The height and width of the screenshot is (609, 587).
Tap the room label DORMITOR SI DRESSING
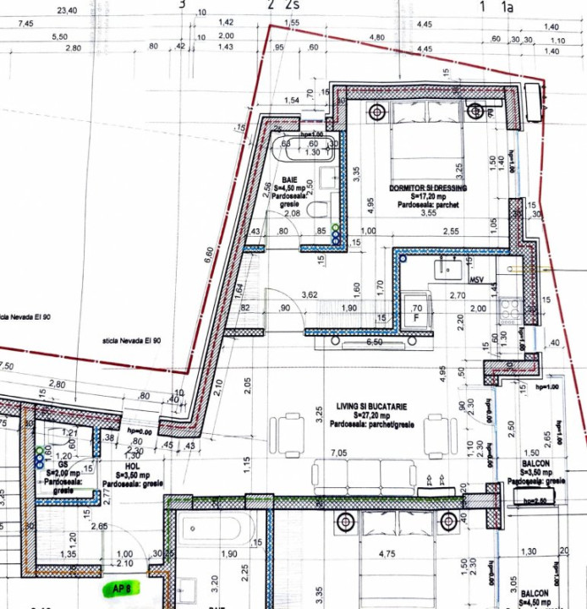coord(428,188)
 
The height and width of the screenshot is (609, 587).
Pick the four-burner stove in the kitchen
coord(510,310)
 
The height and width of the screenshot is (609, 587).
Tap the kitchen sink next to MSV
coord(446,270)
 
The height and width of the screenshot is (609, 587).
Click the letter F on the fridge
coord(416,319)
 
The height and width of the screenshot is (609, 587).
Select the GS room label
coord(64,464)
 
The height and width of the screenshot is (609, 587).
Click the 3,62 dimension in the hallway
coord(310,295)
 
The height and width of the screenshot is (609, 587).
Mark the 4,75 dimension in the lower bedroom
coord(387,555)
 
